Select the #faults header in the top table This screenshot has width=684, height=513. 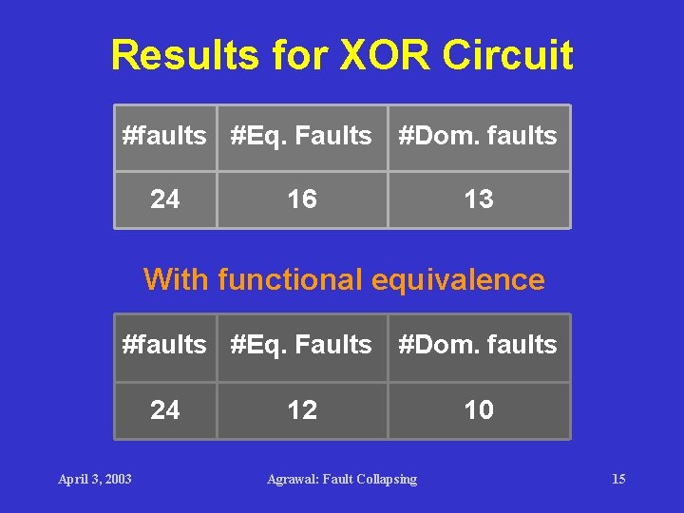point(164,136)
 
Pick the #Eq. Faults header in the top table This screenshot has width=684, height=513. point(302,136)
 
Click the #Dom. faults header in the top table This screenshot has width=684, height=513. point(478,136)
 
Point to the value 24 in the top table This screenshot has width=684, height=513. point(165,199)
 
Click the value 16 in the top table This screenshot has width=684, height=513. point(302,199)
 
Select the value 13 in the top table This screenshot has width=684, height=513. point(479,199)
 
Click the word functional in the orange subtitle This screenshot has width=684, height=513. point(291,280)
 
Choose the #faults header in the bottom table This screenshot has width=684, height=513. point(164,345)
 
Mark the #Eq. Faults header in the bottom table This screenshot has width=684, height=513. point(302,345)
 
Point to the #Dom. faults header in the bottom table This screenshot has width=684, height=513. point(478,345)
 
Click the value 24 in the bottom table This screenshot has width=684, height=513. point(165,410)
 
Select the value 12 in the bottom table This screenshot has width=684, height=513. point(302,410)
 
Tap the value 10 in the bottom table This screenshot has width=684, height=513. point(479,410)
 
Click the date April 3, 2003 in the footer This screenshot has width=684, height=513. point(95,479)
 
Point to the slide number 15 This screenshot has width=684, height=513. point(618,479)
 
